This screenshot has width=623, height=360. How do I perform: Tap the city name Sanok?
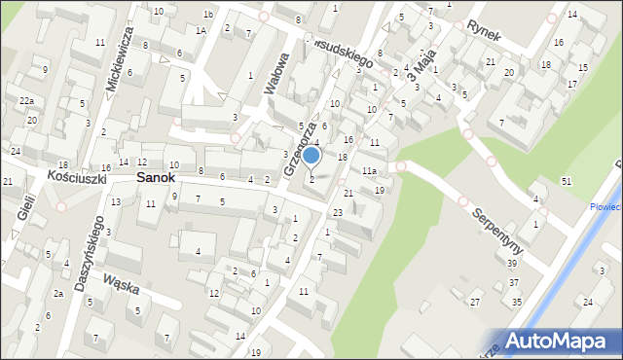[x=156, y=178]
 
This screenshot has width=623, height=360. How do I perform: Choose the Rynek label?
[x=484, y=30]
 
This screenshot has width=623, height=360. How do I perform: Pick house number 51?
[x=567, y=182]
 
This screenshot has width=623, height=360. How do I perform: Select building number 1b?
[x=207, y=14]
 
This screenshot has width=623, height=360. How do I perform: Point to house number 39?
[x=511, y=290]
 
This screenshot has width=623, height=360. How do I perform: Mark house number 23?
[x=337, y=212]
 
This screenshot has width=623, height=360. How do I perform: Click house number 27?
[x=475, y=303]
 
